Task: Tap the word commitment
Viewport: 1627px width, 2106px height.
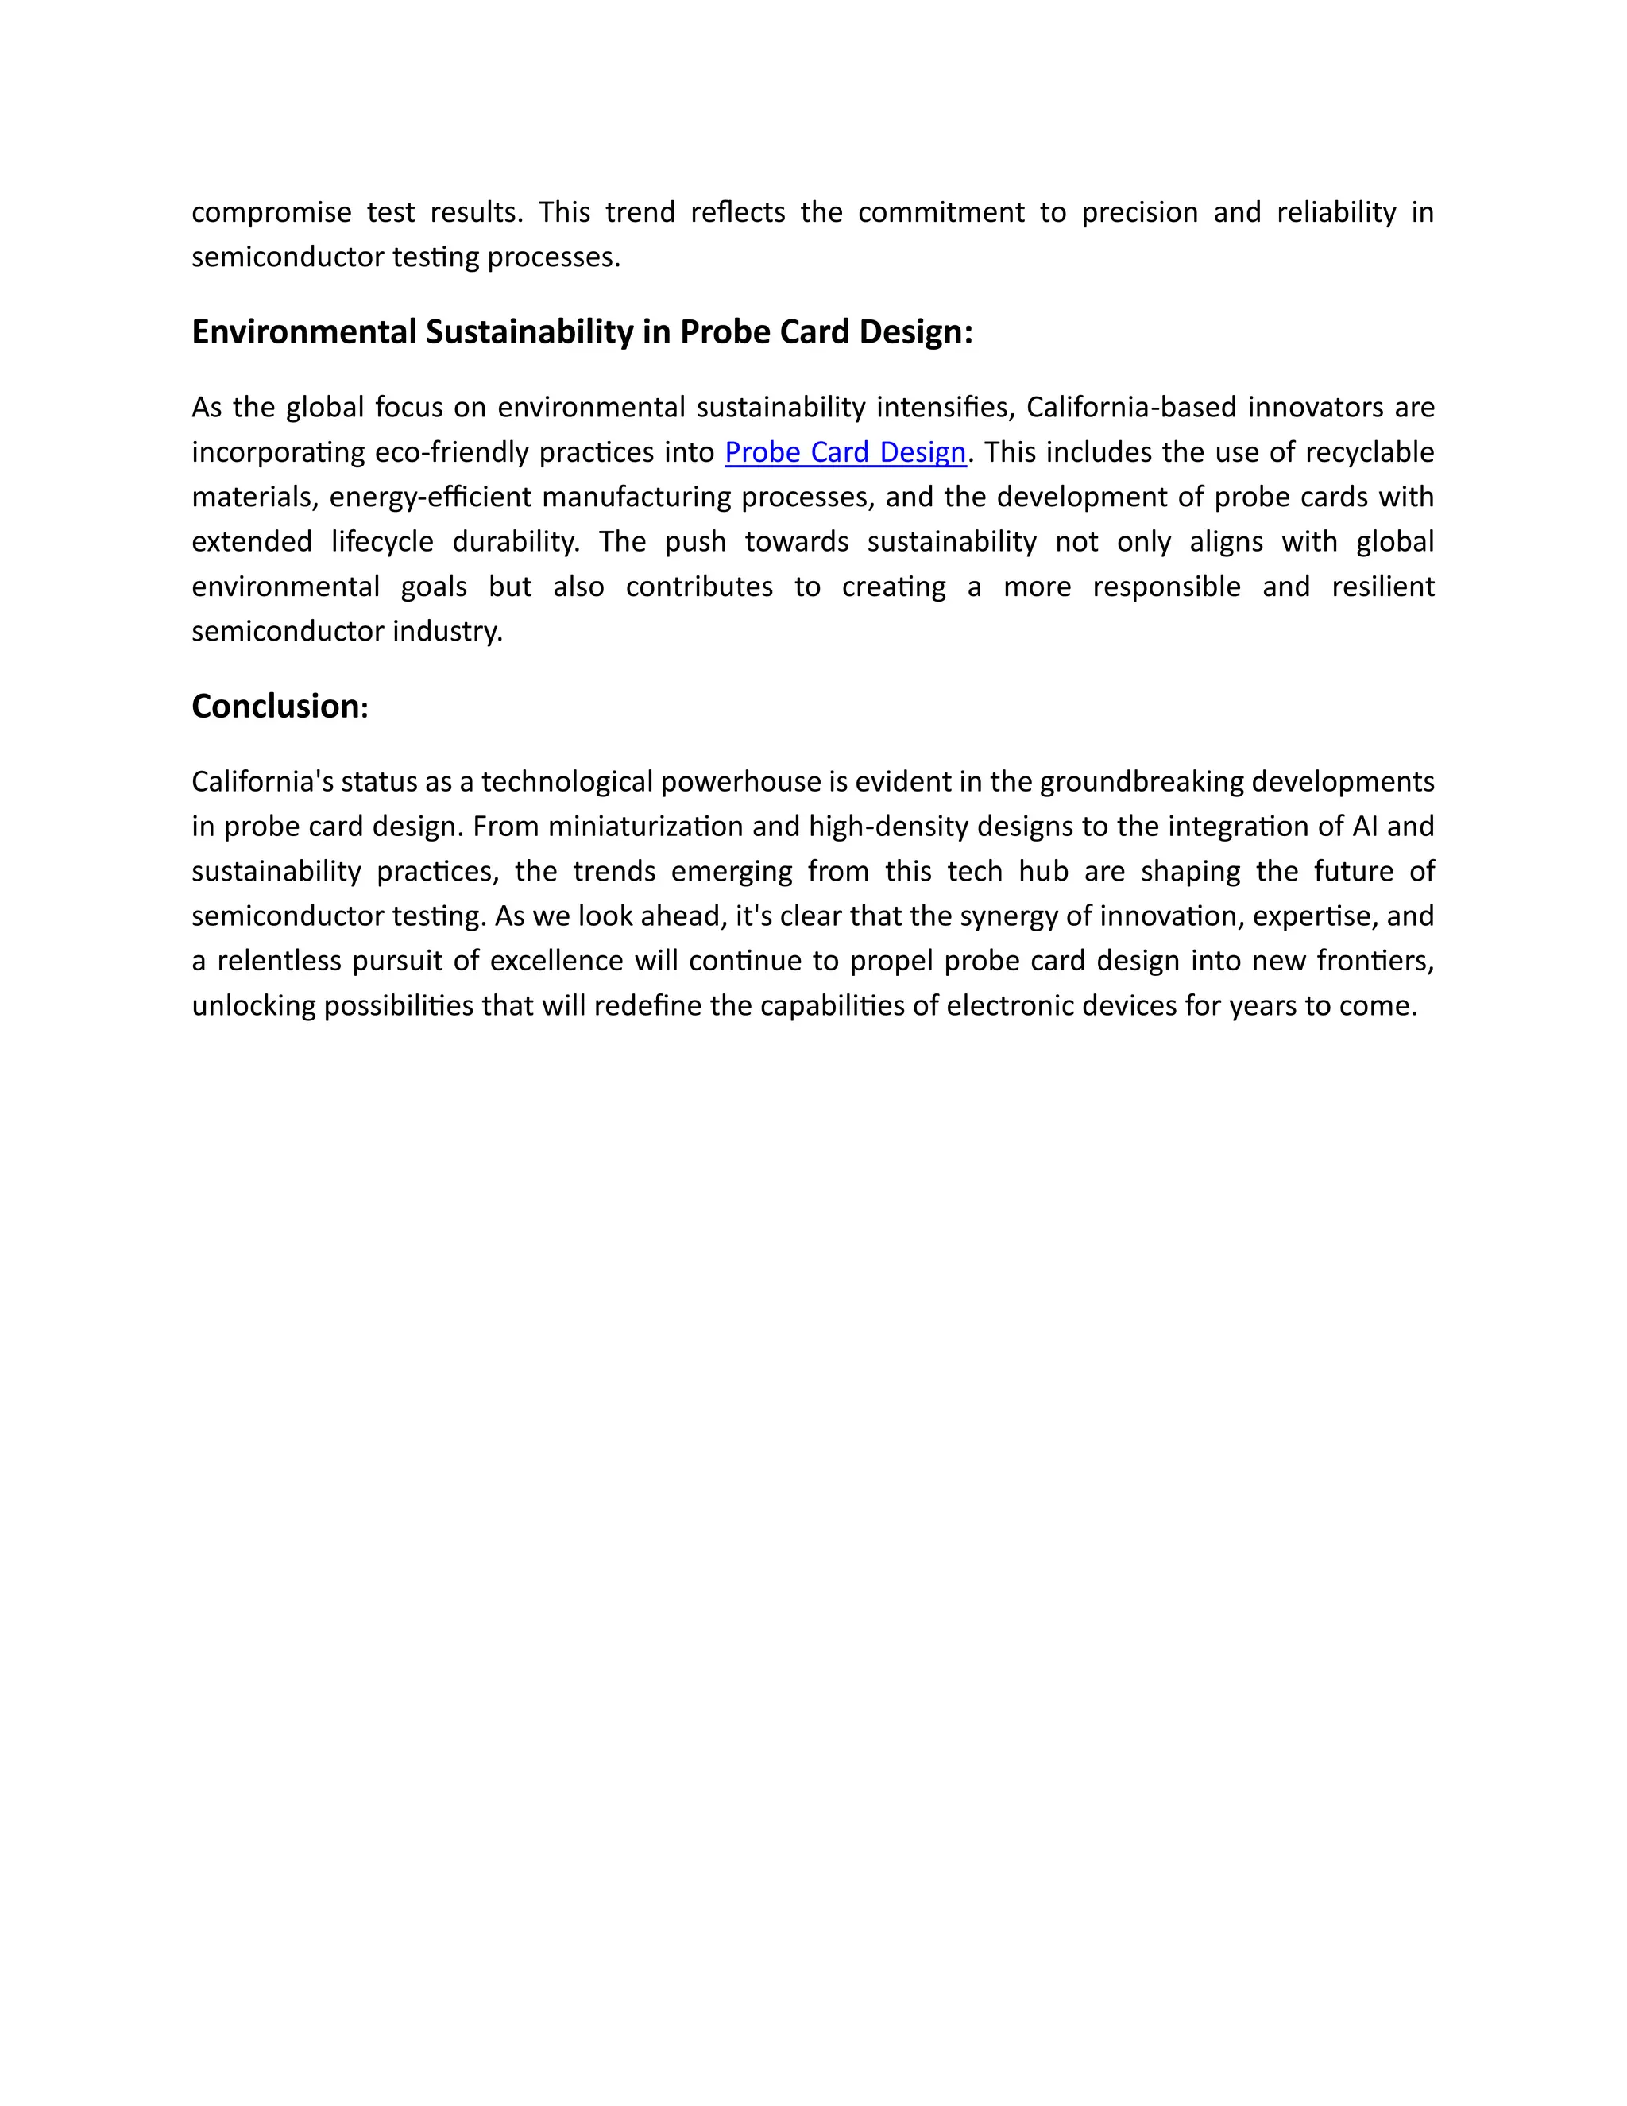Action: (941, 212)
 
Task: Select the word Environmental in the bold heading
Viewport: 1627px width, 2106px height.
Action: (304, 331)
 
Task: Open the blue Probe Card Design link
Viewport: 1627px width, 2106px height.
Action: (845, 452)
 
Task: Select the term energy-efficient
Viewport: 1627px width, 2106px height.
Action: (429, 497)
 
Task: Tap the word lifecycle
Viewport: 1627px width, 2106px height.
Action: (381, 542)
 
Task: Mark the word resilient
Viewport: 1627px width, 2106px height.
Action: (1383, 587)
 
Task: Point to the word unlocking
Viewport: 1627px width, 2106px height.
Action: (253, 1006)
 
